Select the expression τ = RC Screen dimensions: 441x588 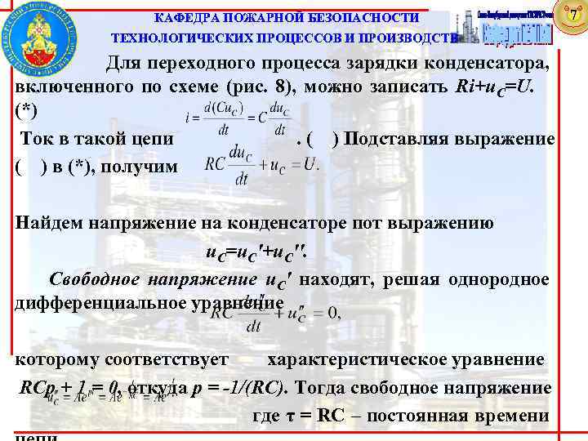pos(314,415)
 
